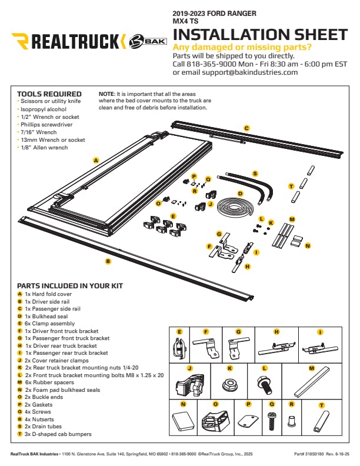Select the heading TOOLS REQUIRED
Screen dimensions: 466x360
[x=49, y=94]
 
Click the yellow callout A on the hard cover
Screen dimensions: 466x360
[x=95, y=160]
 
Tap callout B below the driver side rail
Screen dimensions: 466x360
[x=108, y=261]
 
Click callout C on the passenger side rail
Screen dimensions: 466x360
[x=247, y=128]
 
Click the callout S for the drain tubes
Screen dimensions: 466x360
[x=255, y=174]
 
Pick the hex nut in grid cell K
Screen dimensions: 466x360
[x=229, y=385]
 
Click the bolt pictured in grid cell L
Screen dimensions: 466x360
[x=265, y=386]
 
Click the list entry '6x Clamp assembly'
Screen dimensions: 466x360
[x=49, y=324]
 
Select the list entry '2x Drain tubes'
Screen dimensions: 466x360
[x=46, y=427]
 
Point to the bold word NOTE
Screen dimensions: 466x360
[x=106, y=94]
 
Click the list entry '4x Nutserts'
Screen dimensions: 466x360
[x=44, y=419]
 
